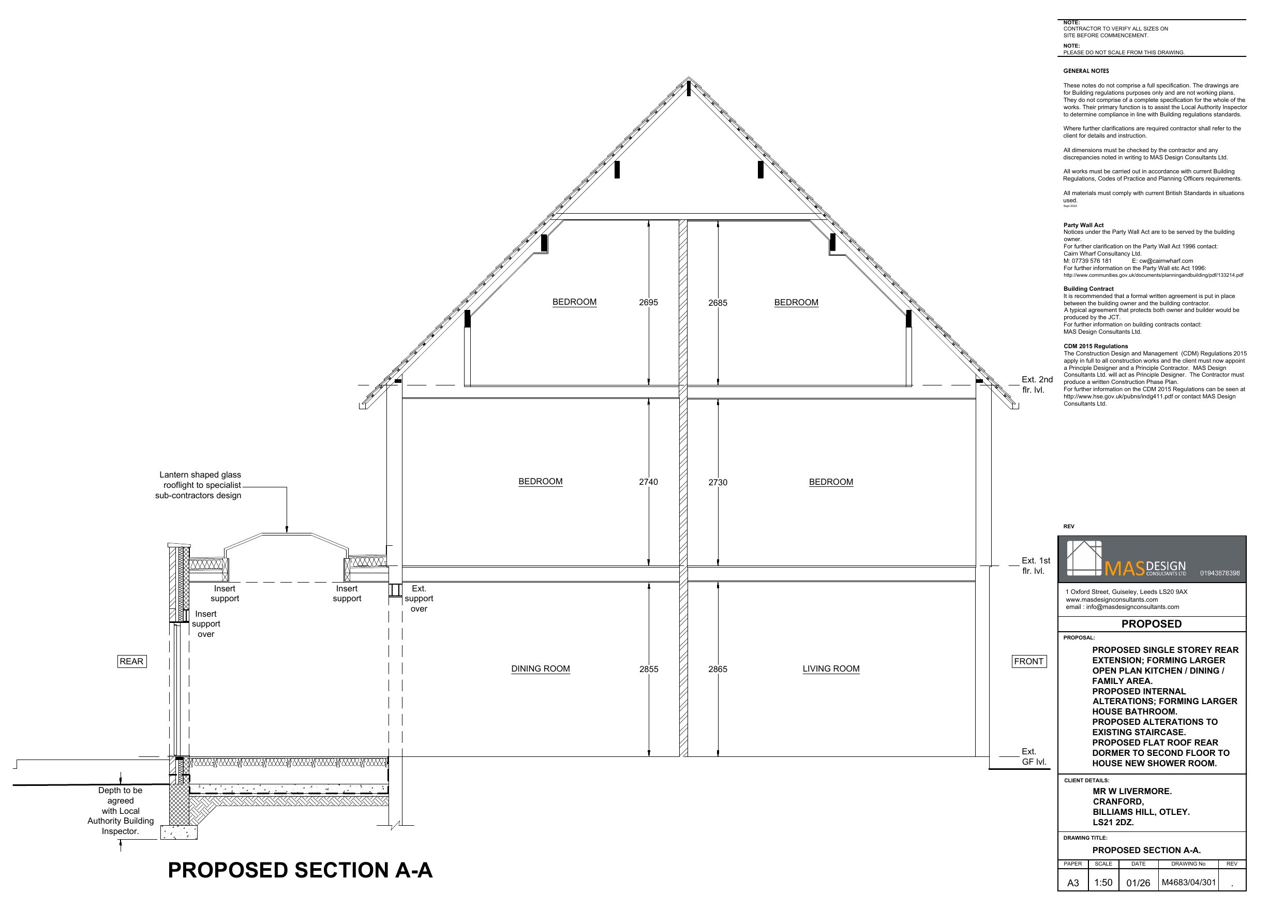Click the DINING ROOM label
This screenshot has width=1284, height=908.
click(x=540, y=668)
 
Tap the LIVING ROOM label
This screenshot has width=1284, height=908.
click(x=831, y=668)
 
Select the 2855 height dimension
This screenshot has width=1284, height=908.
click(x=649, y=669)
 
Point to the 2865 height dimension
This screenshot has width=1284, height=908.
click(x=718, y=669)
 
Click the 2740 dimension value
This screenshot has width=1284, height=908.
click(x=649, y=482)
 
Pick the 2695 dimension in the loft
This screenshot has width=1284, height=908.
click(x=649, y=302)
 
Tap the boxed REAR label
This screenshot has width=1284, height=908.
click(x=131, y=661)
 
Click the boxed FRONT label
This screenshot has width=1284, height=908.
click(x=1028, y=661)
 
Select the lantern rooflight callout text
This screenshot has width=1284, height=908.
click(x=199, y=485)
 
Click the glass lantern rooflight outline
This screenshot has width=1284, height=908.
click(x=287, y=534)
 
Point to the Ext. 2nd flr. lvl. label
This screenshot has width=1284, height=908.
click(x=1037, y=384)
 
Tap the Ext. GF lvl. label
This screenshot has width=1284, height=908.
click(x=1034, y=756)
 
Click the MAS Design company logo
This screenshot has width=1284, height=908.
click(x=1126, y=559)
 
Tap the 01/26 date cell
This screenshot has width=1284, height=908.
click(x=1138, y=883)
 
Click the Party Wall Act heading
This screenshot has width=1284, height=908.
click(x=1083, y=225)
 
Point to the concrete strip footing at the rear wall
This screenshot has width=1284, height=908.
click(x=179, y=832)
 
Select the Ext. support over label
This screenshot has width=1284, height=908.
click(x=419, y=599)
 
